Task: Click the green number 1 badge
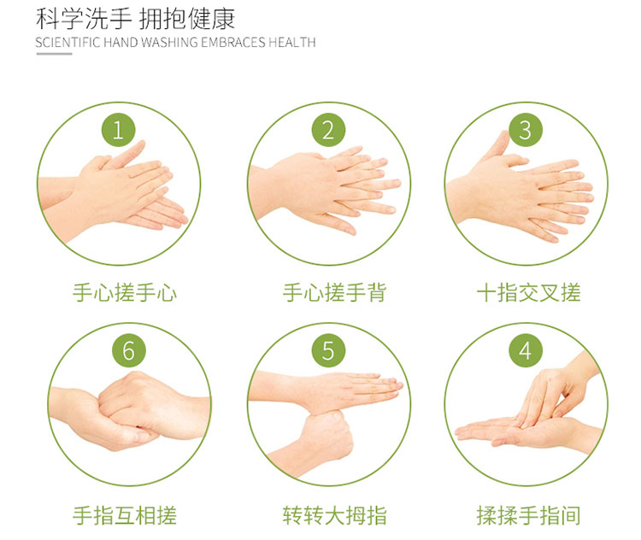coord(118,131)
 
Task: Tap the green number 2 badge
coord(328,131)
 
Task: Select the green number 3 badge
coord(526,131)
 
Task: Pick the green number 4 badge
coord(526,350)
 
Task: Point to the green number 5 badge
coord(328,350)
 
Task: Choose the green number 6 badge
coord(129,350)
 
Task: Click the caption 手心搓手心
coord(125,293)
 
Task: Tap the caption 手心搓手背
coord(334,293)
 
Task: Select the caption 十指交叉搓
coord(528,293)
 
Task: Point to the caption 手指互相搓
coord(125,515)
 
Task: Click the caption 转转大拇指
coord(334,515)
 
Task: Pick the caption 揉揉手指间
coord(528,515)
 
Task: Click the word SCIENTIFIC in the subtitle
coord(68,43)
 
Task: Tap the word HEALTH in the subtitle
coord(292,43)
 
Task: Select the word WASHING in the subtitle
coord(170,43)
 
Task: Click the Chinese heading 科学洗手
coord(84,19)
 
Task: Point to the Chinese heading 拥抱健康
coord(187,19)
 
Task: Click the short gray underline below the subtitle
coord(54,54)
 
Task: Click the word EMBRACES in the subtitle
coord(233,43)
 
